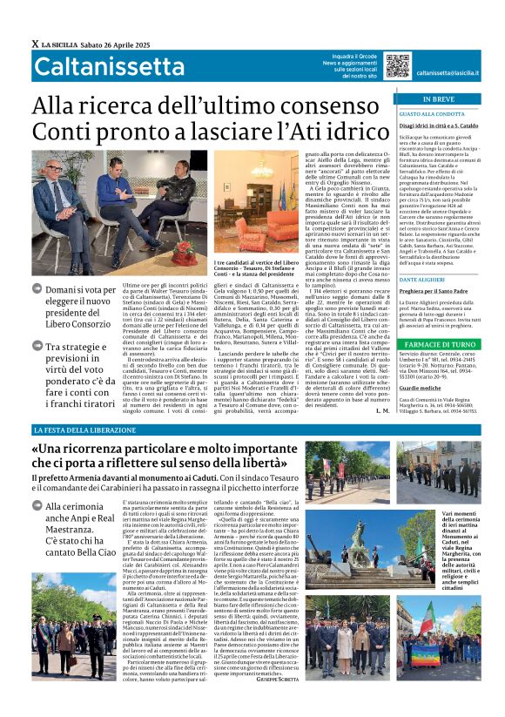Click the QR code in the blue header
click(397, 65)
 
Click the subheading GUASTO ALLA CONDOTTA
click(432, 114)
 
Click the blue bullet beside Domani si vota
click(37, 289)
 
